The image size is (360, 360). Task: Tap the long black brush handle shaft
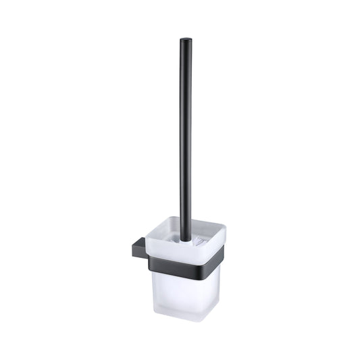coord(184,135)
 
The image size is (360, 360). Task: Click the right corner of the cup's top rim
coord(225,233)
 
